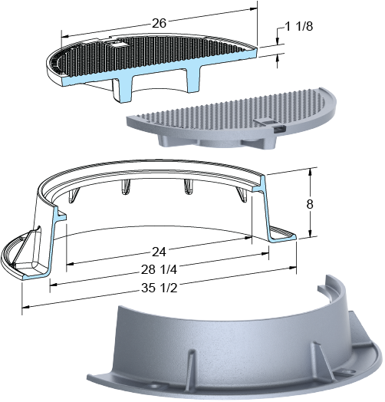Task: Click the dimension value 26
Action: tap(160, 23)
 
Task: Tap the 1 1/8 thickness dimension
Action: tap(299, 26)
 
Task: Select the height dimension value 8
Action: tap(310, 204)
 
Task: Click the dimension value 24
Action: tap(160, 252)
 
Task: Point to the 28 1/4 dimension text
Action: tap(159, 269)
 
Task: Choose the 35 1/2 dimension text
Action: tap(160, 288)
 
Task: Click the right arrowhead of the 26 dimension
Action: tap(254, 8)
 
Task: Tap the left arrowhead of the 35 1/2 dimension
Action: tap(25, 307)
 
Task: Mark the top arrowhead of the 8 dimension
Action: tap(310, 172)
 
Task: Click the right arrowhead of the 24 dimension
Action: tap(248, 238)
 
